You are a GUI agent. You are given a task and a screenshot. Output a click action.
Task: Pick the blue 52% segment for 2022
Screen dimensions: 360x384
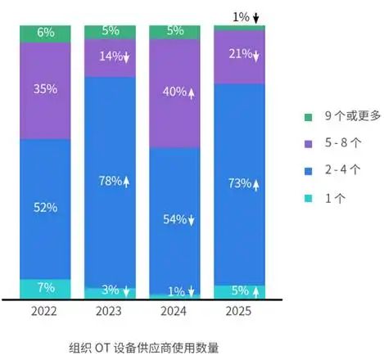point(45,208)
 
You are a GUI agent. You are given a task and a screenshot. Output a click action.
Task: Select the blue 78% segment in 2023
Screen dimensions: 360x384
point(110,181)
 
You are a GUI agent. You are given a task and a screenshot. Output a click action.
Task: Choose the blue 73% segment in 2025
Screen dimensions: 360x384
point(239,183)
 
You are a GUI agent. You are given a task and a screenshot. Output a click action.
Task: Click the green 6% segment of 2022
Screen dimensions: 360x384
point(45,33)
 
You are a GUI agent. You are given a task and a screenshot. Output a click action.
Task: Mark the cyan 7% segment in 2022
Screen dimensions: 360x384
point(45,288)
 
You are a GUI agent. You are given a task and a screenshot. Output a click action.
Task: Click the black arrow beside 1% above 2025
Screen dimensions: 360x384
point(255,16)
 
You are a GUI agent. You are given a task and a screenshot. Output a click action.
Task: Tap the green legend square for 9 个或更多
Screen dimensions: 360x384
point(308,117)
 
